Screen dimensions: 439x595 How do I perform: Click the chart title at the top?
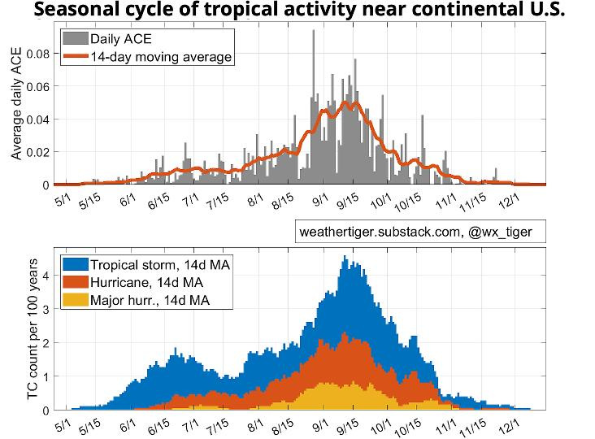pos(297,11)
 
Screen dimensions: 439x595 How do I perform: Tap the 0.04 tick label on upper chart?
pos(37,119)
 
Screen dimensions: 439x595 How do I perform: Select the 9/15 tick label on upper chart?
pos(348,200)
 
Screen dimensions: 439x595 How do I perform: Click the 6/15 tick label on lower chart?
pos(158,425)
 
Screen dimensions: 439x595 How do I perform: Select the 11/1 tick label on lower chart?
pos(443,425)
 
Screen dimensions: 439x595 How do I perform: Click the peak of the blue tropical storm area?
pos(345,258)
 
